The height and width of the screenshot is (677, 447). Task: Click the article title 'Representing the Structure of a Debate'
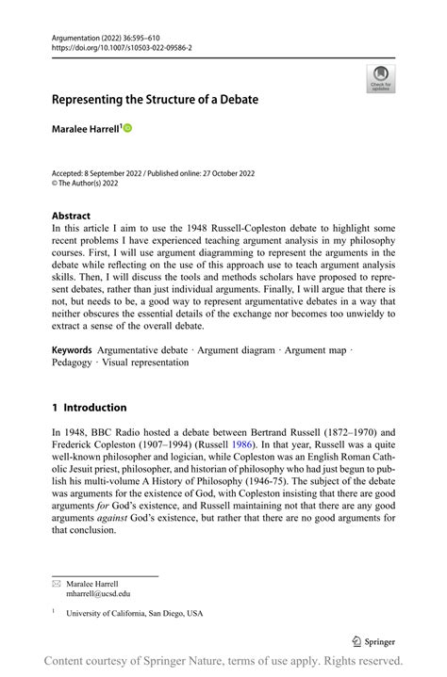(155, 99)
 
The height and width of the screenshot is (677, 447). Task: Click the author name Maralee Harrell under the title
(85, 128)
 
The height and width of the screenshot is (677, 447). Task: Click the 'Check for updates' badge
(380, 79)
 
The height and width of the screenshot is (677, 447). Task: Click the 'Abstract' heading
(72, 215)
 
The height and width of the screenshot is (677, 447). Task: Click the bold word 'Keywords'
(72, 350)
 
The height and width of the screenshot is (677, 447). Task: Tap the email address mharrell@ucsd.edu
(98, 594)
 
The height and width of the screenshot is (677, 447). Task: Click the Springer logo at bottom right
(374, 642)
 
